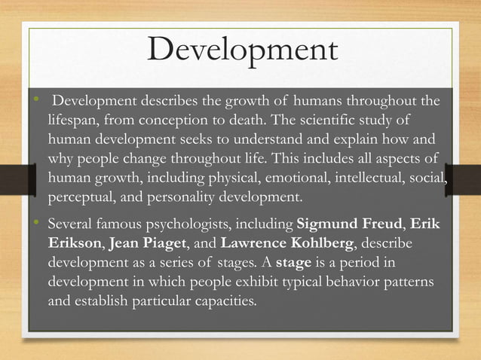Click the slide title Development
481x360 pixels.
click(x=241, y=51)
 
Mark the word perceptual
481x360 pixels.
click(x=82, y=199)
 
